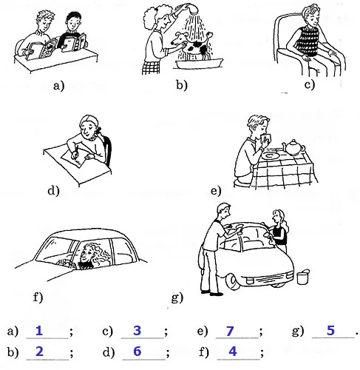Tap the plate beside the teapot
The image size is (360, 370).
(271, 155)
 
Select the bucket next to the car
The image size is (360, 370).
(303, 277)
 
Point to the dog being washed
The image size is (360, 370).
(193, 46)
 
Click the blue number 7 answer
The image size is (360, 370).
(230, 331)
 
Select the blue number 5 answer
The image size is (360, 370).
(330, 331)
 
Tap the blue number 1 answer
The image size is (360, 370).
(39, 331)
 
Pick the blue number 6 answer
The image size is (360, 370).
(137, 351)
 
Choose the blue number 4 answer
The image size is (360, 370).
(233, 351)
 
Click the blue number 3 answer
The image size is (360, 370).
(137, 331)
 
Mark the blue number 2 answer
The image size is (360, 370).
(39, 351)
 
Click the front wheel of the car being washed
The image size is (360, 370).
(232, 282)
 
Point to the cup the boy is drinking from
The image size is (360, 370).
(267, 138)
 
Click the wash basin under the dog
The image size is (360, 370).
(199, 64)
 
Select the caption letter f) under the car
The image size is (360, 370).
(38, 297)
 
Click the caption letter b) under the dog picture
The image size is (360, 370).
(181, 85)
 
